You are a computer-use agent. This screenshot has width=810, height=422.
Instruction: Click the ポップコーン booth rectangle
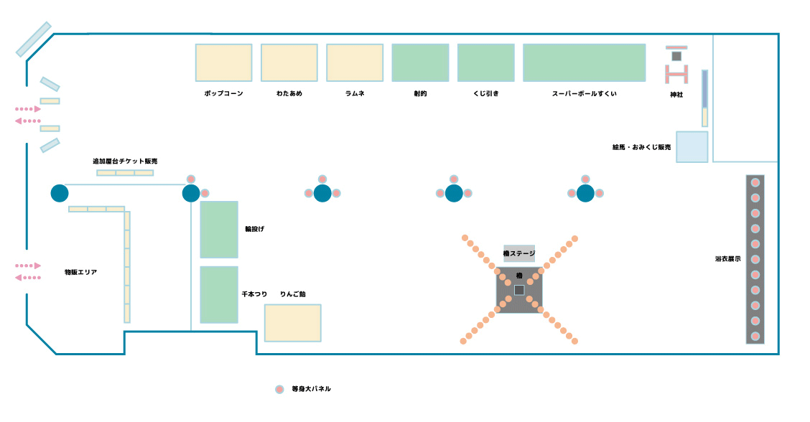tap(223, 62)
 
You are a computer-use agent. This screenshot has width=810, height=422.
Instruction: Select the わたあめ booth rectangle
tap(289, 62)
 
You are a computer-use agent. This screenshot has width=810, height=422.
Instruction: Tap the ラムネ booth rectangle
tap(355, 62)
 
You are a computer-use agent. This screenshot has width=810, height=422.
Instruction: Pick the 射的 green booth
tap(421, 62)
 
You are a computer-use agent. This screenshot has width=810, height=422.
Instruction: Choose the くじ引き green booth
tap(486, 62)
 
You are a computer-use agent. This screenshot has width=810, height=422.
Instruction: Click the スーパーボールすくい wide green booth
tap(585, 62)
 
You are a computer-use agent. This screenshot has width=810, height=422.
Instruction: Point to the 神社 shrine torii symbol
tap(676, 65)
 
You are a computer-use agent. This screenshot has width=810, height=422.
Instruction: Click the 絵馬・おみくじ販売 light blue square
tap(692, 146)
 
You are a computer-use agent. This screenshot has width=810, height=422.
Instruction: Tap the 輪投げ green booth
tap(219, 230)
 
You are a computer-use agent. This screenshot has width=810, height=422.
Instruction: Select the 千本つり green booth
tap(219, 295)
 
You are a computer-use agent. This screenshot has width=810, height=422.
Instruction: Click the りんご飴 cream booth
tap(293, 323)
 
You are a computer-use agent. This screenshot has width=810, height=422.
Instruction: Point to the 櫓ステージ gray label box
tap(519, 253)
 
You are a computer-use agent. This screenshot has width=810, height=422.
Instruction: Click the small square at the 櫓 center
tap(519, 290)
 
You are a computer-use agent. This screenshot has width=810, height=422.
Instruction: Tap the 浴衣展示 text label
tap(728, 259)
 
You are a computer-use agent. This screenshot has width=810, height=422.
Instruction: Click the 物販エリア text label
tap(80, 272)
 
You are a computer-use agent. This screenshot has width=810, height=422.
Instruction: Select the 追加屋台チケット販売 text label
tap(125, 161)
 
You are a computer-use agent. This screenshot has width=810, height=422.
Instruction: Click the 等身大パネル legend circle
tap(279, 390)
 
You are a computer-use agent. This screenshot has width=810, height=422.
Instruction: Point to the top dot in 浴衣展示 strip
tap(755, 182)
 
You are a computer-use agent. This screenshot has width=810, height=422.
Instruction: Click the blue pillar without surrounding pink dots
tap(60, 193)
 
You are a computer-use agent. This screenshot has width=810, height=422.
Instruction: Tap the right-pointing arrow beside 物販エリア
tap(28, 266)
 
